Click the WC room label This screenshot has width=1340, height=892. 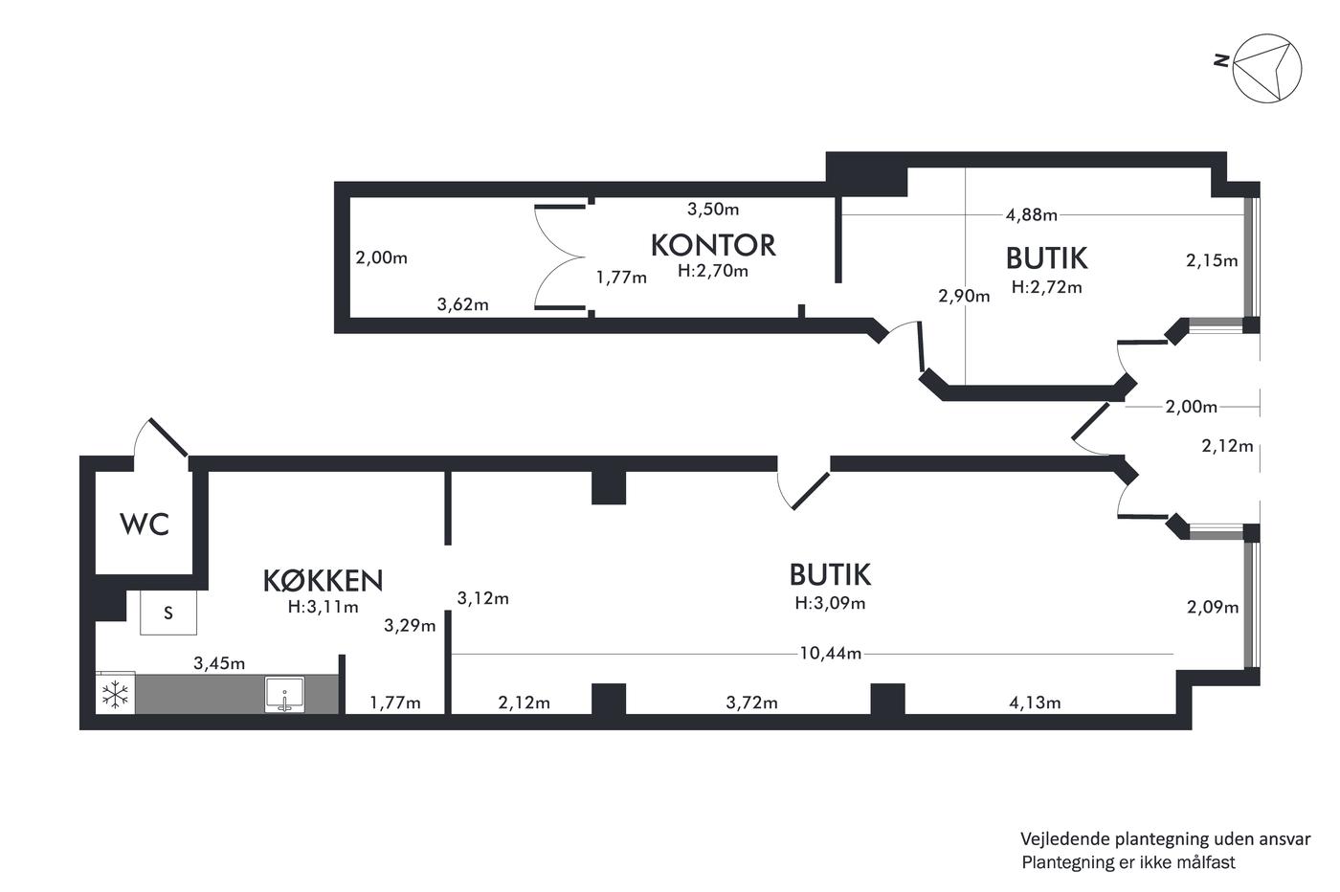[x=145, y=524]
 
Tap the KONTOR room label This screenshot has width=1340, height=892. [x=713, y=245]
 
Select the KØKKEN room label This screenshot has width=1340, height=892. [x=324, y=580]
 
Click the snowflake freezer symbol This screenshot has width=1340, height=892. [x=115, y=695]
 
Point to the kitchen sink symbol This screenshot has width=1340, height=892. [x=285, y=695]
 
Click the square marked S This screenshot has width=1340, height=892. [x=168, y=613]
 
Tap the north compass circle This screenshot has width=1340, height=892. [x=1267, y=68]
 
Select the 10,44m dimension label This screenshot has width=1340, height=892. [x=831, y=654]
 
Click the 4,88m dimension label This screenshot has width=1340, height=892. [x=1032, y=214]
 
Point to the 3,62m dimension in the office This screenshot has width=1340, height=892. [x=462, y=304]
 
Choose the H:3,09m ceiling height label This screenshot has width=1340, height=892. [x=830, y=603]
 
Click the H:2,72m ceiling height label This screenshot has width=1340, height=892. [x=1046, y=287]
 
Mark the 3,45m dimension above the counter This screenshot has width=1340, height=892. [x=219, y=663]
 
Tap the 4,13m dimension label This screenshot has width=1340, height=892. [x=1035, y=702]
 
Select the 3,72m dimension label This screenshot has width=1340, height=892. [x=752, y=702]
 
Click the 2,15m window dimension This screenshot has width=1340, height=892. [x=1212, y=261]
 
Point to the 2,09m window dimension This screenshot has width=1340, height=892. [x=1213, y=607]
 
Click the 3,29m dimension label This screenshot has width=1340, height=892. [x=410, y=626]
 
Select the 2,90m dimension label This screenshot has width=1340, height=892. [x=964, y=296]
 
